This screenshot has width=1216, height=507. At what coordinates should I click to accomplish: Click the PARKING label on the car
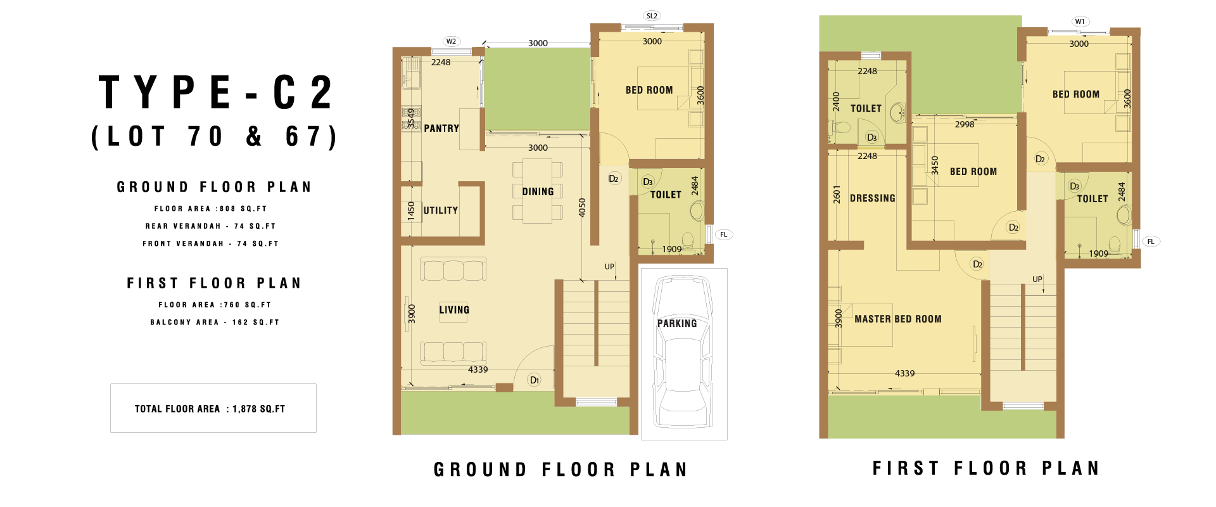click(x=677, y=323)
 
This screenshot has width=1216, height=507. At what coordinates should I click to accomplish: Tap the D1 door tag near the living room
click(x=535, y=380)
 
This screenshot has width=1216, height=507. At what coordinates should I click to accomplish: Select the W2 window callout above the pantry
click(x=451, y=41)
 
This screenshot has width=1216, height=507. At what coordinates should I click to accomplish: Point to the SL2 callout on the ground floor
click(x=652, y=16)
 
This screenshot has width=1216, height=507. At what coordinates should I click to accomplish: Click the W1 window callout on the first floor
click(x=1080, y=22)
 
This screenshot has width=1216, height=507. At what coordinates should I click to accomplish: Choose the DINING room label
click(x=538, y=191)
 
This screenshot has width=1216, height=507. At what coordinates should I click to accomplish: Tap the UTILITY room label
click(x=441, y=210)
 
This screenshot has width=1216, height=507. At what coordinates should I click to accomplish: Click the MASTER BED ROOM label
click(x=898, y=319)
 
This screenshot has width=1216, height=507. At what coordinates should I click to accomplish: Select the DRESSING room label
click(x=873, y=198)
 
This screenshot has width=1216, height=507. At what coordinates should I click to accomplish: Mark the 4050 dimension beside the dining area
click(x=582, y=208)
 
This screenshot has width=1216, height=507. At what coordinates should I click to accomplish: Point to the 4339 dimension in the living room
click(x=478, y=369)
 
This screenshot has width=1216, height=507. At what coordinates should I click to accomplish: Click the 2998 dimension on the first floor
click(x=965, y=124)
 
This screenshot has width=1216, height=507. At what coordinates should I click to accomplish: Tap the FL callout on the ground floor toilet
click(x=724, y=234)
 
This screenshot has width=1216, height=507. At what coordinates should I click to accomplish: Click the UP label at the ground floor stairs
click(x=609, y=267)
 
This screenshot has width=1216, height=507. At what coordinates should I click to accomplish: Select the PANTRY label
click(x=441, y=128)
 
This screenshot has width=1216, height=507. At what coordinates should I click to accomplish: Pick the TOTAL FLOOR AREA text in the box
click(x=177, y=409)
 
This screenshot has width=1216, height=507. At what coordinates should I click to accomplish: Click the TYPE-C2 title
click(x=215, y=93)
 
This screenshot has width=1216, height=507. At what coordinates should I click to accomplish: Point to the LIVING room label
click(x=454, y=310)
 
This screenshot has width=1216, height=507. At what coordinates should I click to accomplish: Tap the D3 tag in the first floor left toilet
click(x=872, y=138)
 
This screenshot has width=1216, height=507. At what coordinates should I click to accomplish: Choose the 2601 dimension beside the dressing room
click(x=837, y=195)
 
